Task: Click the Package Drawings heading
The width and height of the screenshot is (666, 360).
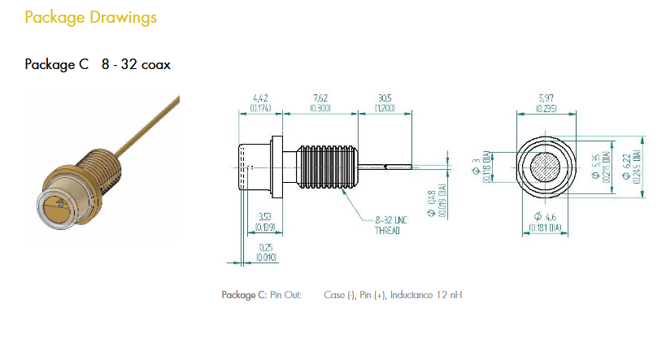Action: (90, 17)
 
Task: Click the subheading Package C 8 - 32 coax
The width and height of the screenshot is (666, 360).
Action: (98, 64)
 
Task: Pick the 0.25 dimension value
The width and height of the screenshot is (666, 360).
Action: (265, 247)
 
